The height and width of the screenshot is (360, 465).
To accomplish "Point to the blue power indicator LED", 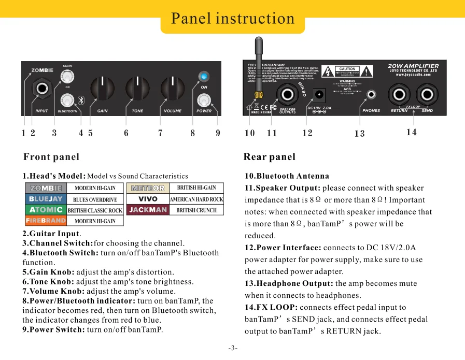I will (x=204, y=77).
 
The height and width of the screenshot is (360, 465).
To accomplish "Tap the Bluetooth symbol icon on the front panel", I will (x=81, y=99).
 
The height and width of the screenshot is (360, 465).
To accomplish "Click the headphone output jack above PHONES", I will (x=371, y=95).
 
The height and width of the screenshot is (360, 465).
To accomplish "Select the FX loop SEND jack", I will (x=427, y=95).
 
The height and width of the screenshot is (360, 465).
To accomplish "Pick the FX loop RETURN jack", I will (x=400, y=95).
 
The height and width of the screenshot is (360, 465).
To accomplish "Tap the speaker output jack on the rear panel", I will (x=287, y=95).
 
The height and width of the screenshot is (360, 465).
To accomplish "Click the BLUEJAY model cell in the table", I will (x=46, y=199).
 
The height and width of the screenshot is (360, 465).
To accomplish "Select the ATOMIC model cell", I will (x=46, y=210).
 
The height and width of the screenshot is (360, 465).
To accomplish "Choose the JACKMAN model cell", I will (x=148, y=210).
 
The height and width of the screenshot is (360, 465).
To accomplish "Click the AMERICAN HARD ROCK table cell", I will (x=196, y=199).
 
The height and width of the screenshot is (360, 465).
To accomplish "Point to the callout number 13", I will (x=359, y=134).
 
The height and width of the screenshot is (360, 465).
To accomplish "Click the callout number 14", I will (x=411, y=132).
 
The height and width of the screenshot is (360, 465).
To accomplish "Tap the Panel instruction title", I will (x=233, y=19).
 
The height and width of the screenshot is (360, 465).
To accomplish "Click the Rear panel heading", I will (x=269, y=157).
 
